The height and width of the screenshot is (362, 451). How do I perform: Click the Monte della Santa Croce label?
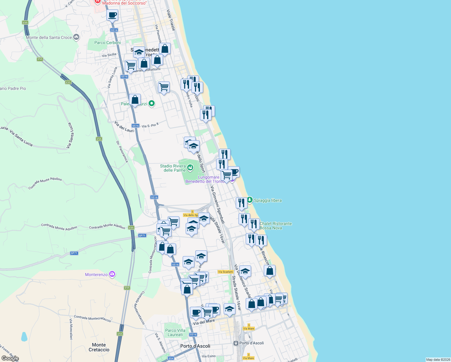point(49,37)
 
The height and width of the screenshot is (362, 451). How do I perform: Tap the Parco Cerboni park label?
point(107,43)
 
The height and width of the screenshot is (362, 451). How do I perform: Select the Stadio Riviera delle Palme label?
point(173,168)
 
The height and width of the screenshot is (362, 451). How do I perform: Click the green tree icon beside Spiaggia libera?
point(250,200)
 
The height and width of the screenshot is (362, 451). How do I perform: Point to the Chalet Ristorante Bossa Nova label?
point(276,226)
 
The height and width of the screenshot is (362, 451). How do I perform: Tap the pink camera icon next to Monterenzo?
point(112,274)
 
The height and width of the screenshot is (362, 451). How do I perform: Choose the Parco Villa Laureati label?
point(175,332)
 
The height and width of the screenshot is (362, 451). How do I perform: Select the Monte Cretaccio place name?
point(99,347)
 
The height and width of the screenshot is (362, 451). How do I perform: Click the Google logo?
point(10,358)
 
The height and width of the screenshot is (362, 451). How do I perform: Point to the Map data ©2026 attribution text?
point(438,360)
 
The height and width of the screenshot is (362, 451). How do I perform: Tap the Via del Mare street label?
point(204,322)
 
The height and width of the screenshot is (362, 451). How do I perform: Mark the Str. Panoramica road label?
point(122,151)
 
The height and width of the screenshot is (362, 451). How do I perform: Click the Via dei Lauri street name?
point(124,127)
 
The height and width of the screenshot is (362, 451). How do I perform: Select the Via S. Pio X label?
point(150,125)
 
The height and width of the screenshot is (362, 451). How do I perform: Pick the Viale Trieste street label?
point(171,20)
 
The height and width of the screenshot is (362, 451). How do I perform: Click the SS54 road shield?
point(171,358)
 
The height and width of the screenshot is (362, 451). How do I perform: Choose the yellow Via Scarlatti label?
point(225,272)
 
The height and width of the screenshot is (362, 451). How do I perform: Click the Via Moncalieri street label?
point(71,329)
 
